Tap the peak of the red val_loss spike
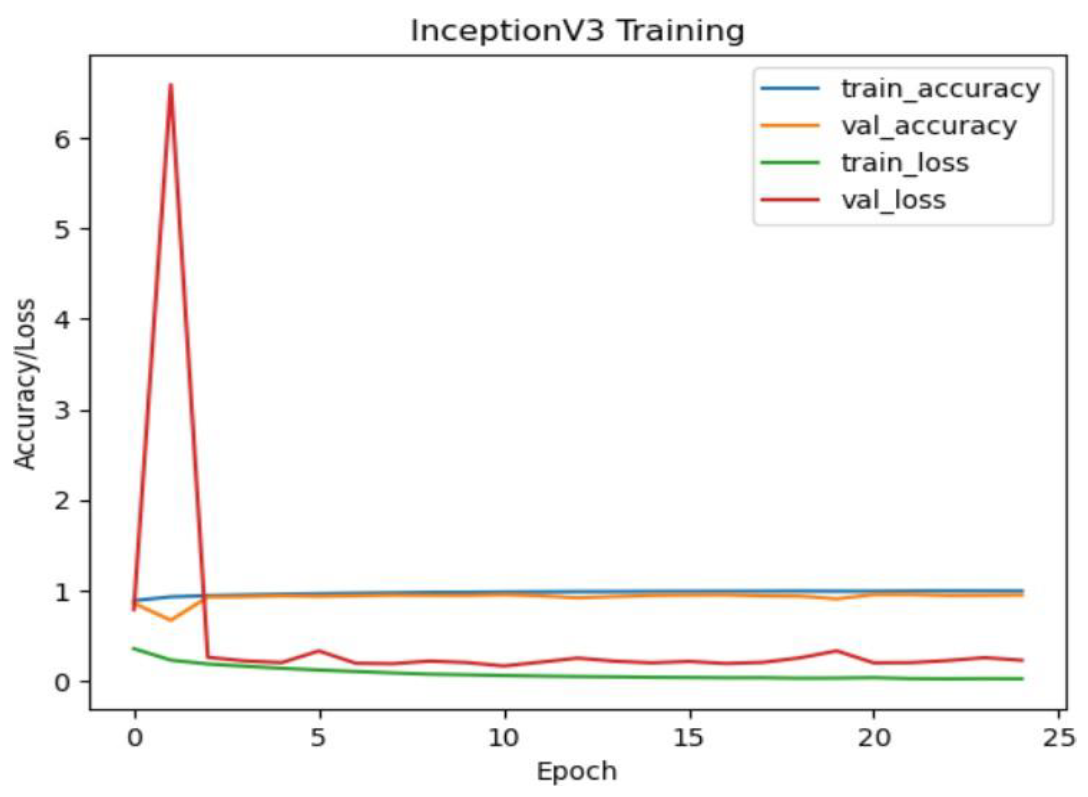(171, 85)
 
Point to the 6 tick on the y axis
(64, 139)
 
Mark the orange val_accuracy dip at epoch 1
(171, 620)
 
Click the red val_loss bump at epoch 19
(837, 650)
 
